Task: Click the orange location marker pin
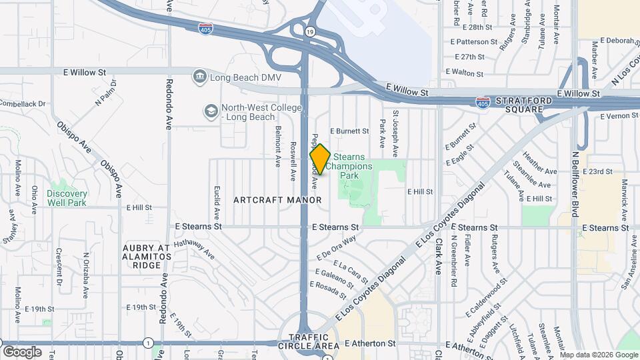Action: (320, 159)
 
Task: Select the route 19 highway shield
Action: (311, 31)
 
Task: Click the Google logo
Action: (22, 351)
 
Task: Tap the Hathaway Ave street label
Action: (193, 249)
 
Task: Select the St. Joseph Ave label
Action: (395, 129)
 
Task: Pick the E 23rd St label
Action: (597, 171)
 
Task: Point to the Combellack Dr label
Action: (23, 104)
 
